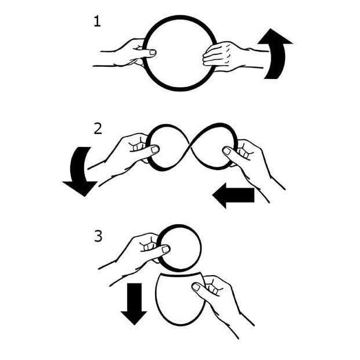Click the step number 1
point(98,22)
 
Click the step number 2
point(98,129)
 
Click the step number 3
point(98,236)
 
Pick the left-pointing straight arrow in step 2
point(233,195)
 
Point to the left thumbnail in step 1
point(153,53)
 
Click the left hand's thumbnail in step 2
point(155,150)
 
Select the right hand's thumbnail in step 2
point(227,150)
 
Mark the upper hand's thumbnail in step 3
point(165,250)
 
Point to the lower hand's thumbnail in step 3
point(196,287)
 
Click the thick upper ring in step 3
point(181,226)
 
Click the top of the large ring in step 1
point(181,17)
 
